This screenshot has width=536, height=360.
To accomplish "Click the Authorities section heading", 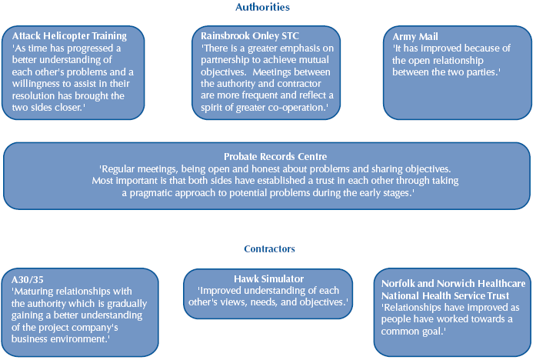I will [262, 7].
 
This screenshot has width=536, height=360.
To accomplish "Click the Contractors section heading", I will [269, 248].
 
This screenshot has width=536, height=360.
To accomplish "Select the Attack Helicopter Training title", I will [69, 36].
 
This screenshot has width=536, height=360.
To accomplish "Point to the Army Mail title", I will [415, 36].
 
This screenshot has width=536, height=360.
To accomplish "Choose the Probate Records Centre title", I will [268, 156].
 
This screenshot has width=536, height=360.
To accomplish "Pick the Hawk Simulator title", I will [268, 278].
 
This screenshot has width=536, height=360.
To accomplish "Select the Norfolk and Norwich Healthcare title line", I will [454, 283].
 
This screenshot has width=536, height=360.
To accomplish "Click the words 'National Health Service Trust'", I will [445, 295].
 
